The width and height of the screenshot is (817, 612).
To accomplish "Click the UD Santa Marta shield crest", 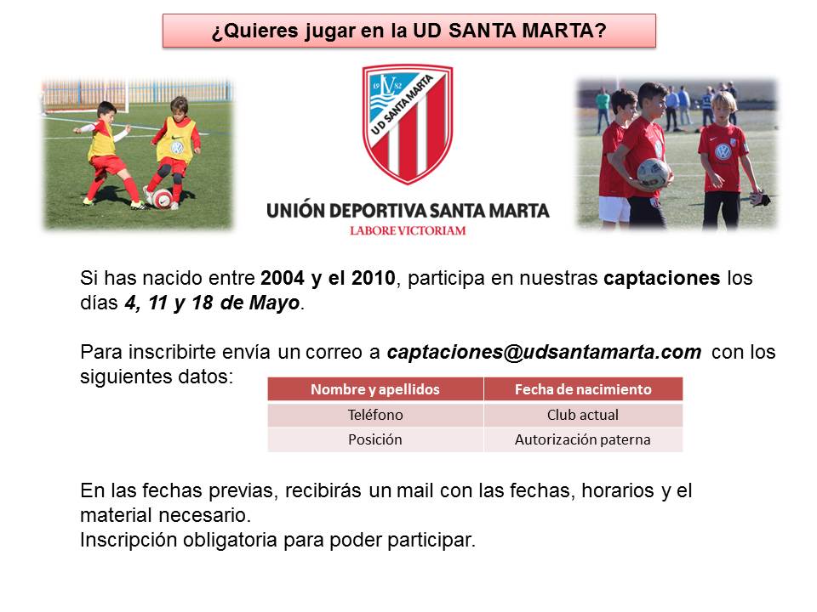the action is (x=408, y=124).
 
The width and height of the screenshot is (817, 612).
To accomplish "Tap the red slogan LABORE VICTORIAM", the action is (x=408, y=230).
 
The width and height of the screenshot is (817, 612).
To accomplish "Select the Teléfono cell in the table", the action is (x=375, y=415).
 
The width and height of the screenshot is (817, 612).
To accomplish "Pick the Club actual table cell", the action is (x=583, y=415).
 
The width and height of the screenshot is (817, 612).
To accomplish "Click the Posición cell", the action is (x=375, y=439).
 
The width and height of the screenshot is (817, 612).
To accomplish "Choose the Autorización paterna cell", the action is (x=583, y=439).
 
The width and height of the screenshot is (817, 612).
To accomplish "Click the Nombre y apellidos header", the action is (x=375, y=389).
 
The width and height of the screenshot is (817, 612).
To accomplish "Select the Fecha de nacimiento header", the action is (x=583, y=389).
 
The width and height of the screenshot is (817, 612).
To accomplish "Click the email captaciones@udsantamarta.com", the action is (x=544, y=352).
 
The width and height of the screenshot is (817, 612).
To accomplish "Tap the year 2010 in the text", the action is (x=373, y=278).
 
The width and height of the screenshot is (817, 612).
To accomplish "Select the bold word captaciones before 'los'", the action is (x=662, y=279).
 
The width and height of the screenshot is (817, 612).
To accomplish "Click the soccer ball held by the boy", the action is (x=653, y=173).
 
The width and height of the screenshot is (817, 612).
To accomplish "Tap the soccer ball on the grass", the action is (x=162, y=199).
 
